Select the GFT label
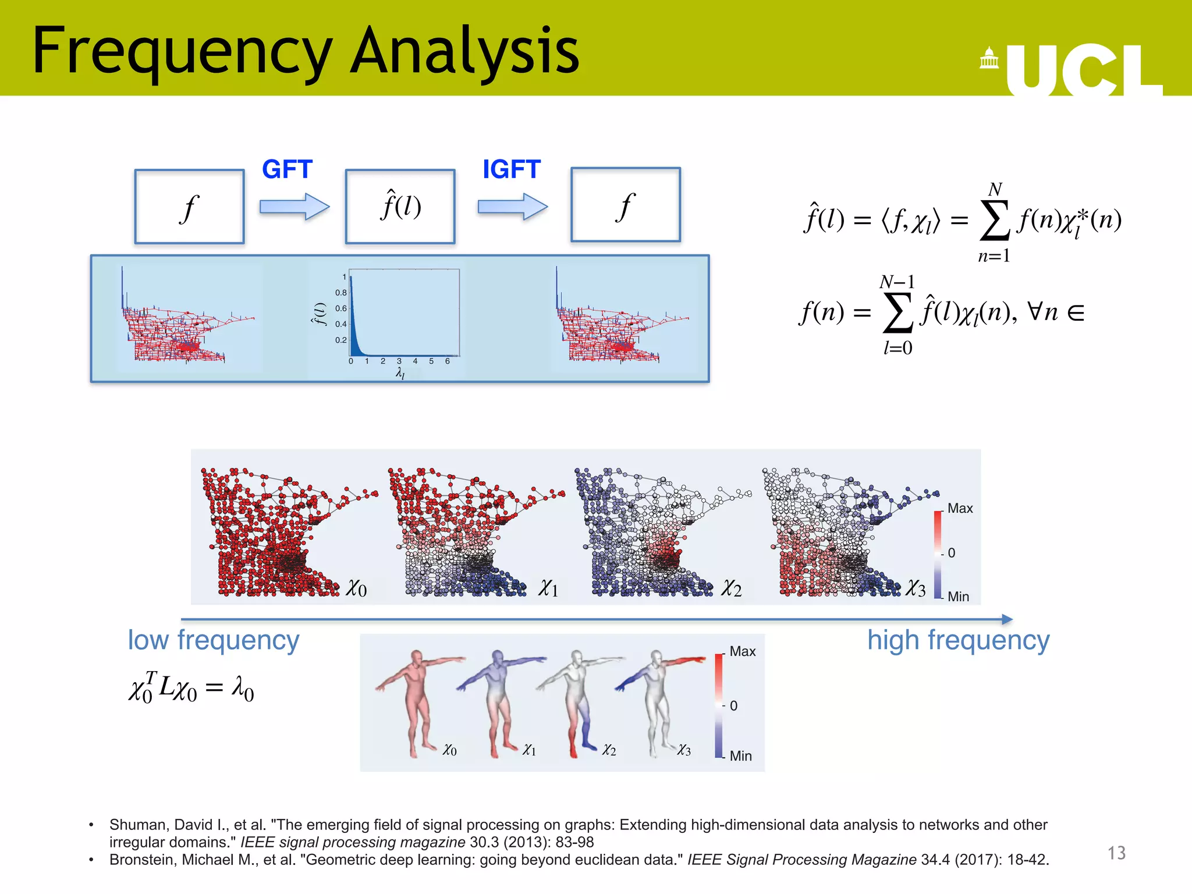click(x=287, y=169)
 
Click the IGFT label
click(x=511, y=169)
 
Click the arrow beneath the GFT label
click(x=294, y=207)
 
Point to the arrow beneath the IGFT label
click(x=512, y=207)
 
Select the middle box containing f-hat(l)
click(x=400, y=206)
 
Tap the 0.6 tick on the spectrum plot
click(x=340, y=308)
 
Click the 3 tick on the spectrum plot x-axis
click(x=399, y=361)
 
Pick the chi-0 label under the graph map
click(x=356, y=588)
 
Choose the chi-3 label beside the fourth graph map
click(x=916, y=588)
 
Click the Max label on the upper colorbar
click(x=960, y=508)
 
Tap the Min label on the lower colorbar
click(x=740, y=755)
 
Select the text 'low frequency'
click(x=214, y=640)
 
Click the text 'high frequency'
click(x=958, y=640)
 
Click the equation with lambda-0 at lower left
click(x=191, y=688)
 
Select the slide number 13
click(x=1116, y=853)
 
